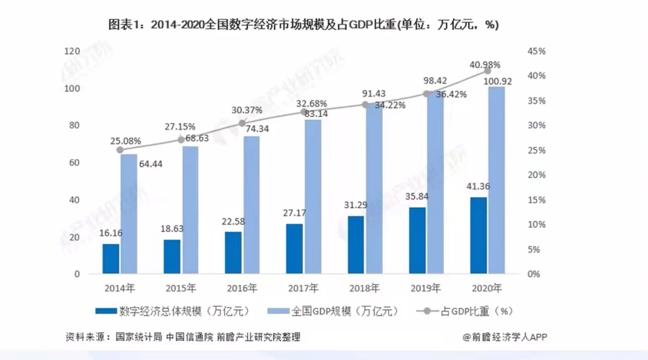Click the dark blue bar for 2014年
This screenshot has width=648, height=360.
(x=111, y=259)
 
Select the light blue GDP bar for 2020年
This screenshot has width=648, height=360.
(x=496, y=180)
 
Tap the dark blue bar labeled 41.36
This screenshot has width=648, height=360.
(x=478, y=235)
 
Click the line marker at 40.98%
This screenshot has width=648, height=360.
(x=487, y=71)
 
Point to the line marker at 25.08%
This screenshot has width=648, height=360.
(x=120, y=150)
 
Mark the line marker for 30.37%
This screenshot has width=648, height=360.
(x=243, y=123)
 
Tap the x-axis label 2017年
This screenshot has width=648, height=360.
(x=303, y=288)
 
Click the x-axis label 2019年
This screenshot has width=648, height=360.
(x=425, y=288)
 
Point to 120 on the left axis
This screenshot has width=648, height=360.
(x=72, y=52)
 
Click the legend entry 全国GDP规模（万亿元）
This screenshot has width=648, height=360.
(x=344, y=311)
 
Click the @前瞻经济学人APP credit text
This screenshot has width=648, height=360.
(x=505, y=337)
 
